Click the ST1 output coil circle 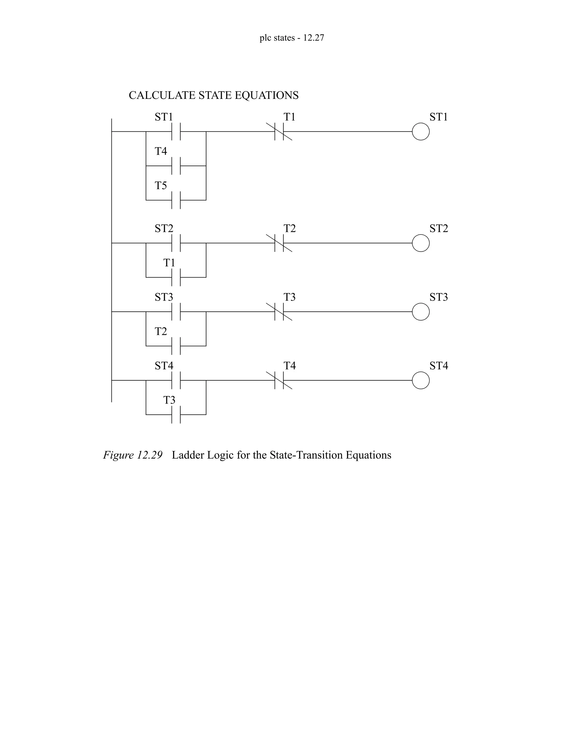[x=421, y=132]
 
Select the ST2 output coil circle [x=421, y=243]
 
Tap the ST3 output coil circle [x=421, y=312]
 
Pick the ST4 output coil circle [x=421, y=380]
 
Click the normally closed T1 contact [x=279, y=132]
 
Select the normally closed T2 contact [x=279, y=243]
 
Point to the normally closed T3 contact [x=279, y=312]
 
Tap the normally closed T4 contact [x=279, y=380]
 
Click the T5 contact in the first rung [x=176, y=200]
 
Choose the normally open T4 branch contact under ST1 [x=176, y=166]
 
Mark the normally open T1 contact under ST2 [x=176, y=277]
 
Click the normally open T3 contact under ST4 [x=176, y=415]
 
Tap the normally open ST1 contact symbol [x=176, y=132]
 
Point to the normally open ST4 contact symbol [x=176, y=380]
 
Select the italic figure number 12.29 [x=149, y=455]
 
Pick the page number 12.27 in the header [x=313, y=38]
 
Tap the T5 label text [x=161, y=186]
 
